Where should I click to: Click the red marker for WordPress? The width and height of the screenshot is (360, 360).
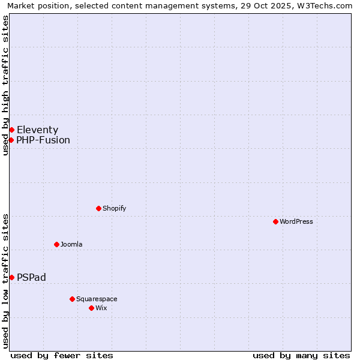tap(275, 221)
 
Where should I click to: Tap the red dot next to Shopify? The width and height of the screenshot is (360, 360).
tap(98, 208)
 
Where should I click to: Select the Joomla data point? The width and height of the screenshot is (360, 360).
tap(56, 244)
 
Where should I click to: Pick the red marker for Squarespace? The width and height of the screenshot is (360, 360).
tap(72, 299)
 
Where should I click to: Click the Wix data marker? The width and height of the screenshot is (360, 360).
tap(91, 308)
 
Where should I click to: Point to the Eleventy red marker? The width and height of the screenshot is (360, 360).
tap(11, 130)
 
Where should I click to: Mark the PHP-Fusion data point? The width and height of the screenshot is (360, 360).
tap(11, 140)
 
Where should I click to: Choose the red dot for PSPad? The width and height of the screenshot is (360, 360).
tap(11, 277)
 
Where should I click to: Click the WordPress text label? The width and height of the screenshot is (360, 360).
tap(296, 221)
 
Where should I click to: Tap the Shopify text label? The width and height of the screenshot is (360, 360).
tap(114, 208)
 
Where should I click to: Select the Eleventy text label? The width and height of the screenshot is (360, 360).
tap(37, 130)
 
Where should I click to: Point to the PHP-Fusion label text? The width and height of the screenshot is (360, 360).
tap(43, 140)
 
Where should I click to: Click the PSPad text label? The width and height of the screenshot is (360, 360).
tap(31, 277)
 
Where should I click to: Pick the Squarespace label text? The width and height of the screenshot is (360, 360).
tap(97, 299)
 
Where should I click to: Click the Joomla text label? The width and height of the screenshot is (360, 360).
tap(71, 244)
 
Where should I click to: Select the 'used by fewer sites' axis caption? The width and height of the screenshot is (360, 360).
tap(62, 355)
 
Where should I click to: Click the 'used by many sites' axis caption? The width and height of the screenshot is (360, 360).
tap(301, 355)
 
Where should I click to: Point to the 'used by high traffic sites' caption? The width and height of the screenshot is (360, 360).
tap(6, 85)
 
